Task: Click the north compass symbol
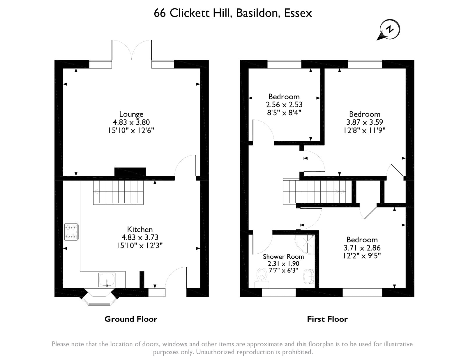coord(388,30)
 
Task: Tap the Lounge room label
coord(131,114)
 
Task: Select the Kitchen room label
coord(140,230)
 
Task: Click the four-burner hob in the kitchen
coord(71,232)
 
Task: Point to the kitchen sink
coord(107,280)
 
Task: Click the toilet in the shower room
coord(262,278)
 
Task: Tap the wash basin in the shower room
coord(309,277)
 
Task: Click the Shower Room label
coord(283,256)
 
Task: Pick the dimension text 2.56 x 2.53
coord(284,105)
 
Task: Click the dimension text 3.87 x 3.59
coord(365,122)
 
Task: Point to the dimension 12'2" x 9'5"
coord(362,256)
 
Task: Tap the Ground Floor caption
coord(131,319)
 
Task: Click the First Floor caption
coord(327,319)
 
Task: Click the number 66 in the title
coord(160,13)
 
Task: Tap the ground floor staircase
coord(118,192)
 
